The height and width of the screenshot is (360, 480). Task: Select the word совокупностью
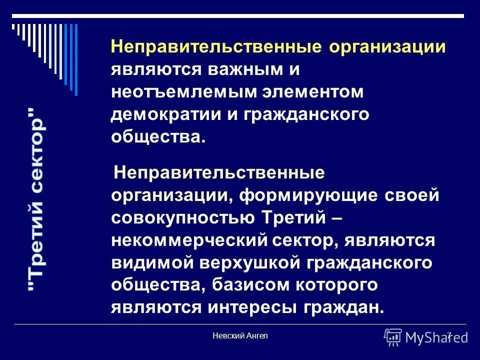[182, 217]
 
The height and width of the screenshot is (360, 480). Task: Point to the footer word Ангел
[257, 336]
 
